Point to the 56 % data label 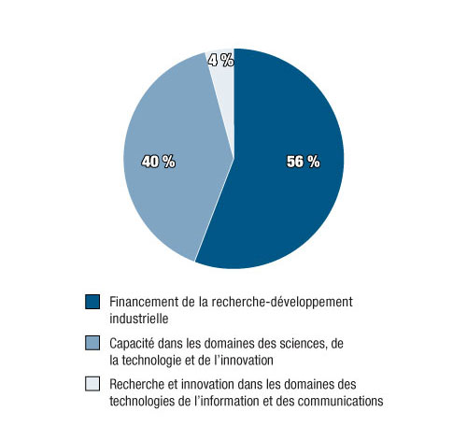303,162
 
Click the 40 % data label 158,162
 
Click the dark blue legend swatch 92,302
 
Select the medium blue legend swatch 92,344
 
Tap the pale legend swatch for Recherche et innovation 92,385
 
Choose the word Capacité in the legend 133,344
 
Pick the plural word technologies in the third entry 142,400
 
